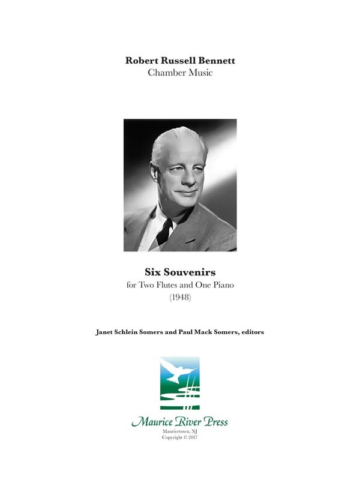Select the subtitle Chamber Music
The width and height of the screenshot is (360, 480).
click(180, 73)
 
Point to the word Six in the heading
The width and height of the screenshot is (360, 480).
click(153, 272)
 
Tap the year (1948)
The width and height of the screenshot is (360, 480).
click(180, 298)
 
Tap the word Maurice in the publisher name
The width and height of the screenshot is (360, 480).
click(152, 422)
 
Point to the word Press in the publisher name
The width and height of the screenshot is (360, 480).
click(214, 422)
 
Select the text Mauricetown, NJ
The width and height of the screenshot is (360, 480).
click(180, 431)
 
